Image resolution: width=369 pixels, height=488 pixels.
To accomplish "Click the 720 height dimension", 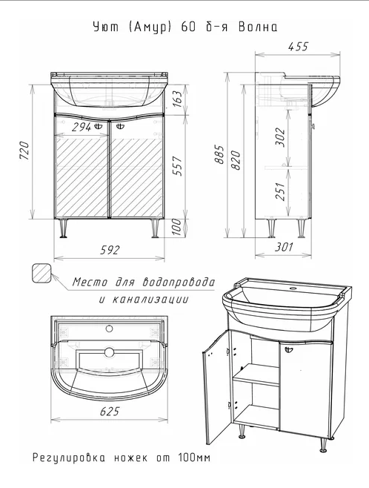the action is point(24,151).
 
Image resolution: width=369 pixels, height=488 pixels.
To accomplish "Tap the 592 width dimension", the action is point(110,250).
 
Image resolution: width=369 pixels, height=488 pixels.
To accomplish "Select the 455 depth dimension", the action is point(298,47).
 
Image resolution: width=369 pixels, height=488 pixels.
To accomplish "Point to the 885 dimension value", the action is point(219,154).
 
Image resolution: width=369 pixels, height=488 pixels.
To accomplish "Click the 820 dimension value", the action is point(236,160).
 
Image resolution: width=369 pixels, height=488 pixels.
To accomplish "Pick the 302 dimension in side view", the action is point(280,137).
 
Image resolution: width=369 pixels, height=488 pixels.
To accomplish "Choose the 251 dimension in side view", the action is point(280,191).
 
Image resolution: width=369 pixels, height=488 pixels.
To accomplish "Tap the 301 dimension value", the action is point(284,247).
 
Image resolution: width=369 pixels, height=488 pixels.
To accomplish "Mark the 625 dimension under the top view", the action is point(110,412).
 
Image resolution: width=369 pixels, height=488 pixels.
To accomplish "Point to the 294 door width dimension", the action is point(82,127).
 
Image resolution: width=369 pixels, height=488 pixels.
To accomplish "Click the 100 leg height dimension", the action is point(176,227).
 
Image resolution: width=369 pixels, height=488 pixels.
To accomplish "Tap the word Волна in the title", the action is point(258,27).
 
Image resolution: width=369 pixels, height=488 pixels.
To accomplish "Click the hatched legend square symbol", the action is point(41,273).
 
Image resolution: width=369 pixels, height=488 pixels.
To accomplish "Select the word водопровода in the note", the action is point(179,282).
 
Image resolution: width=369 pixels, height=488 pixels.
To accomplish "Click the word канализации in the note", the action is point(150,300).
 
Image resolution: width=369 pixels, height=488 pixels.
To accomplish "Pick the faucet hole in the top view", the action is point(109,328).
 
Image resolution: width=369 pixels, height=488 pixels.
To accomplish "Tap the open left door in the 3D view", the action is point(217,388).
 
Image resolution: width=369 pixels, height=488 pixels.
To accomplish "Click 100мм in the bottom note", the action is point(194,458).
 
